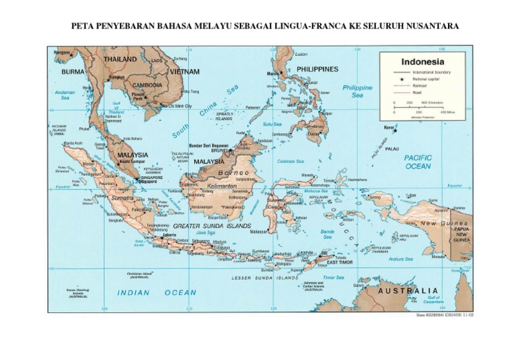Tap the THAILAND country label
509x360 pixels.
[x=120, y=59]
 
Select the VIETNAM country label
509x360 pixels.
[x=185, y=71]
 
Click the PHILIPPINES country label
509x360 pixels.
[x=317, y=69]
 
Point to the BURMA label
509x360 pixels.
[x=73, y=71]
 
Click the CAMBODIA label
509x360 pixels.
[x=147, y=85]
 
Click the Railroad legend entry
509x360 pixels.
[x=420, y=85]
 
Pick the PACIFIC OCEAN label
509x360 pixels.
[x=418, y=162]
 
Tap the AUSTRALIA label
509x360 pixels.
[x=408, y=290]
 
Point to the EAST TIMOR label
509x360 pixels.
[x=340, y=263]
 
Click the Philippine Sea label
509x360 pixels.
[x=357, y=91]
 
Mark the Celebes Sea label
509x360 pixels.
[x=291, y=161]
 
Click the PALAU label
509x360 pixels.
[x=392, y=149]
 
